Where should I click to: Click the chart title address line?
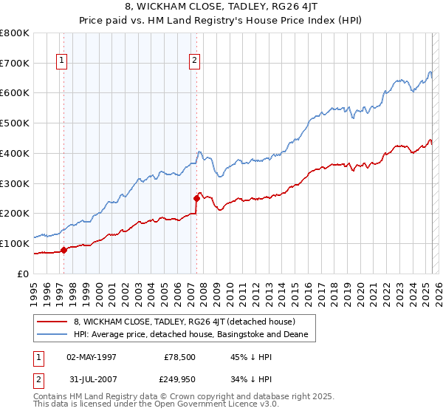[221, 8]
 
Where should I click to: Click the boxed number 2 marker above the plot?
[194, 61]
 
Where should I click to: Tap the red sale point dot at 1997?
[63, 250]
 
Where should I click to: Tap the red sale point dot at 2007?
[196, 198]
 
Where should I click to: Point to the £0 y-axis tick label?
[23, 274]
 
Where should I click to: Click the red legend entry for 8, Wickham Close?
[184, 322]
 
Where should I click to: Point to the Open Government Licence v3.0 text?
[190, 406]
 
